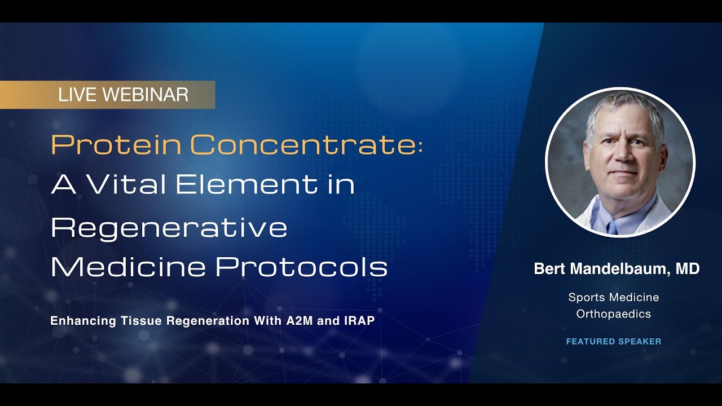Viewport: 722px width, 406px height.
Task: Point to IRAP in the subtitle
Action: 359,321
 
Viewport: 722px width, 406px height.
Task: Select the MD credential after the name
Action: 688,269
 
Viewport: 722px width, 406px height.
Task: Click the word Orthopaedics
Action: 614,314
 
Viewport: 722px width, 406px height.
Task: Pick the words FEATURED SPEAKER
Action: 614,341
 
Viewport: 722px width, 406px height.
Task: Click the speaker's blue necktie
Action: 613,226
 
